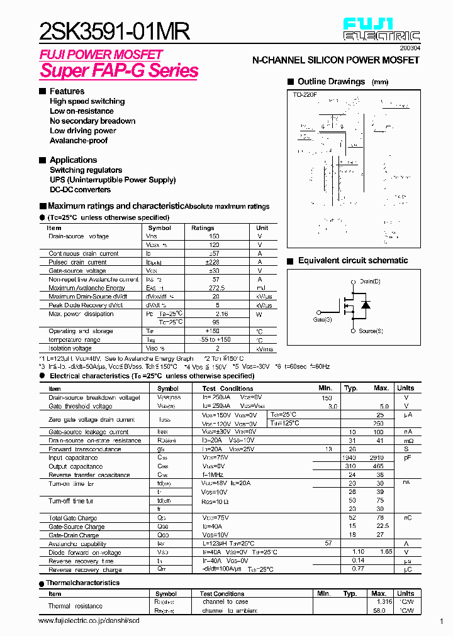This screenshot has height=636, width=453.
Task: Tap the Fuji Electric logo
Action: pyautogui.click(x=382, y=30)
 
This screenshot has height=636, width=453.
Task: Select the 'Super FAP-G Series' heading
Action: pyautogui.click(x=120, y=70)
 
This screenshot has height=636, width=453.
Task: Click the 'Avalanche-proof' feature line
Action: pyautogui.click(x=79, y=141)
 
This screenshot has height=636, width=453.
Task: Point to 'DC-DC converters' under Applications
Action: pyautogui.click(x=80, y=190)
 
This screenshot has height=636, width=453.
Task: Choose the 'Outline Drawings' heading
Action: pyautogui.click(x=331, y=82)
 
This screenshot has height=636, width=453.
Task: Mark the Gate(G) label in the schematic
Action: pyautogui.click(x=322, y=320)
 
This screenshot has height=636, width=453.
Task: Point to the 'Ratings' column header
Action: pyautogui.click(x=203, y=228)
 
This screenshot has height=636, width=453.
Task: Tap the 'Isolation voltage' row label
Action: pyautogui.click(x=70, y=348)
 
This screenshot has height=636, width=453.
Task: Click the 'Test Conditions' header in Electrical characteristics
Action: pyautogui.click(x=228, y=388)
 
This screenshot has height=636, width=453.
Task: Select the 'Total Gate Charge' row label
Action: pyautogui.click(x=73, y=518)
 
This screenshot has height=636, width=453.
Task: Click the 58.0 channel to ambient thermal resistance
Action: pyautogui.click(x=379, y=610)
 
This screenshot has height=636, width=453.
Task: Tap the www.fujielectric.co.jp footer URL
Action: pyautogui.click(x=89, y=621)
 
